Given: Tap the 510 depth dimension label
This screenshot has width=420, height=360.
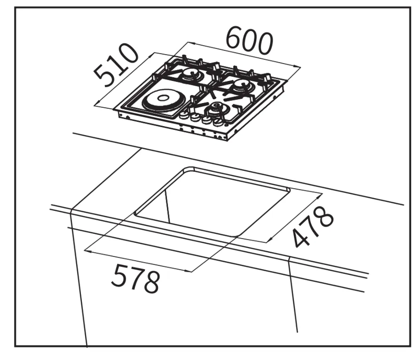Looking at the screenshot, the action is coord(116,65).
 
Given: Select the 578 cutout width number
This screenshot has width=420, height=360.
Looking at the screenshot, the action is coord(135,278).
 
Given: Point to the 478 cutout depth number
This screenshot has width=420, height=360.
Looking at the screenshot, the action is coord(313,227).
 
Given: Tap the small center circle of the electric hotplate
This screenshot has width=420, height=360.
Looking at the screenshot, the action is coord(162,98).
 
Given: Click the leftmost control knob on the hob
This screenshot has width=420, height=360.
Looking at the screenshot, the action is coord(184,116).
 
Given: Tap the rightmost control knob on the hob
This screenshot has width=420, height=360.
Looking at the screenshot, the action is coord(218,122).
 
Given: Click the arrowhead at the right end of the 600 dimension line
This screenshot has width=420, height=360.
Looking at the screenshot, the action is coord(298,66).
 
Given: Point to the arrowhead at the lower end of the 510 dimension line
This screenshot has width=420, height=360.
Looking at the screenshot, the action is coord(97,103).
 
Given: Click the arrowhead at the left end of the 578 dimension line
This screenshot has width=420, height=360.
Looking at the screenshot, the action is coord(88,251).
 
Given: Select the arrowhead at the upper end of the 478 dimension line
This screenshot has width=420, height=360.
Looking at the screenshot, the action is coord(319,196).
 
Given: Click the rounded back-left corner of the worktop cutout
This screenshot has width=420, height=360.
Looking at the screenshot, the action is coord(188,169).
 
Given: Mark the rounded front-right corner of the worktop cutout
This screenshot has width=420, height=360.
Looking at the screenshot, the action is coord(235,235).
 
